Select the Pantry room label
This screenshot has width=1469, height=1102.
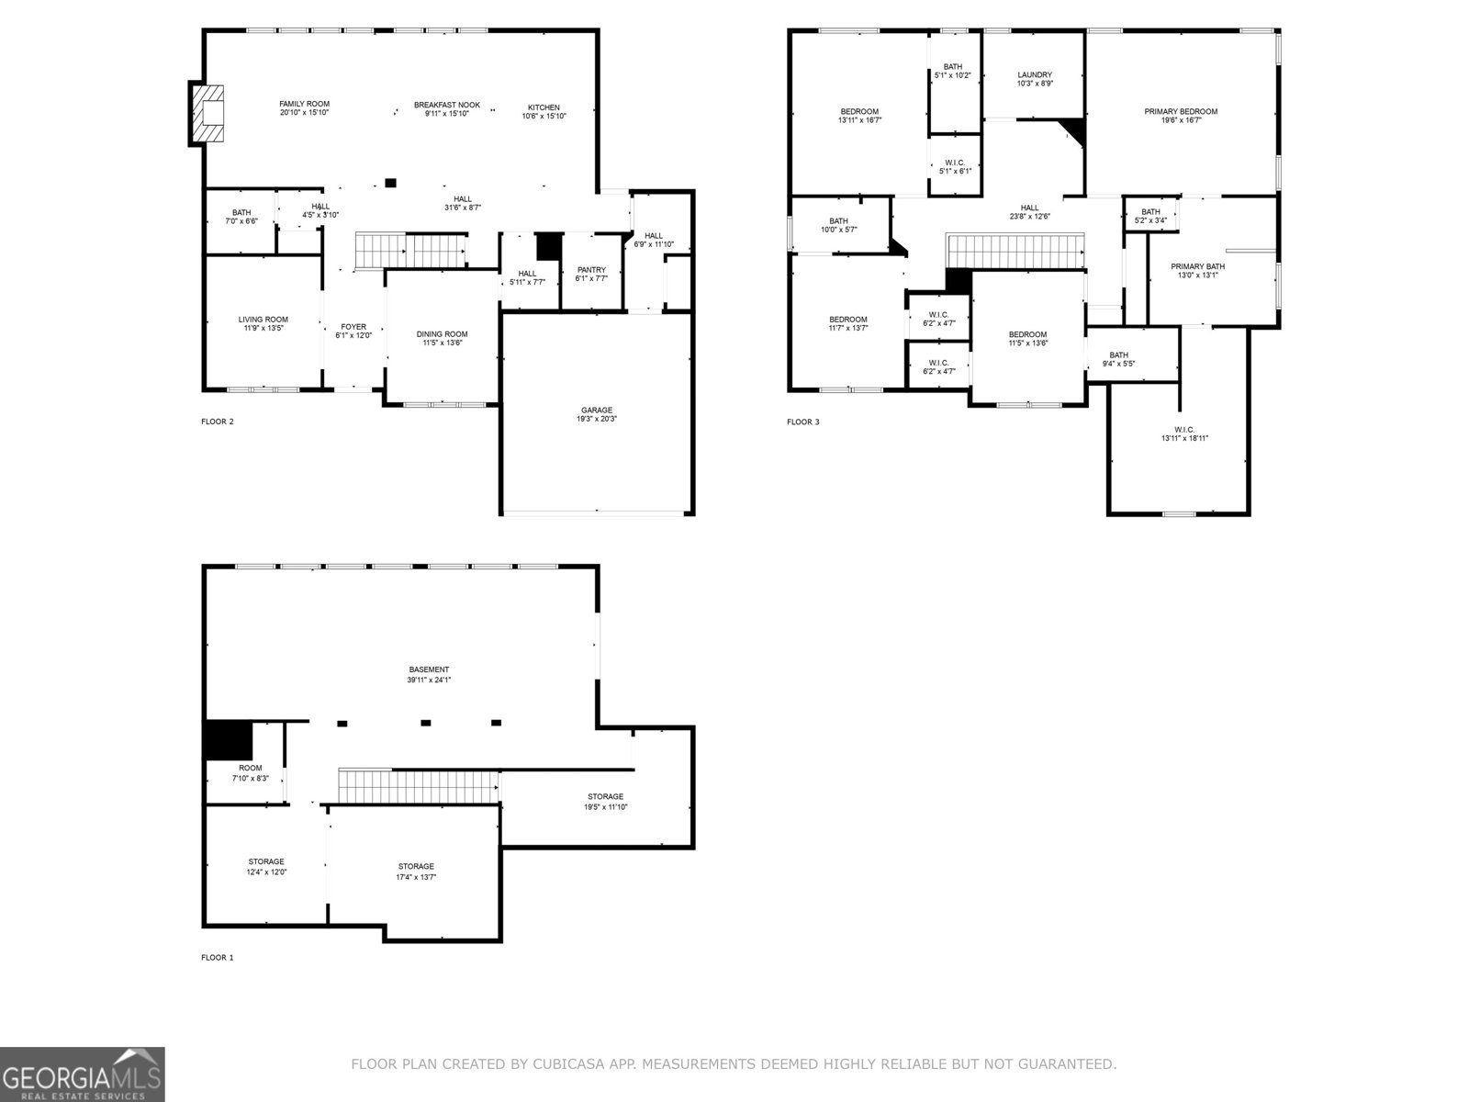pos(591,270)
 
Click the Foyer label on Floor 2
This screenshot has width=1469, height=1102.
pos(353,327)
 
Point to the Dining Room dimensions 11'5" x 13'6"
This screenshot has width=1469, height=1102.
pos(442,343)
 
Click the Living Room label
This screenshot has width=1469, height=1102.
pos(264,320)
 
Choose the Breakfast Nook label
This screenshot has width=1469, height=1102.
pos(446,105)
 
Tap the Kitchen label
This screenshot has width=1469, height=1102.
pos(544,107)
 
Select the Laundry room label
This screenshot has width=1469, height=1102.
pos(1035,75)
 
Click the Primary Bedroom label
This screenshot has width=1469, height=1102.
pos(1181,112)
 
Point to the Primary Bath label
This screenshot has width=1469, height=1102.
pos(1197,266)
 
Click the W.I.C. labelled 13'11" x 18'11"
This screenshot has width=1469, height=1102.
pos(1184,433)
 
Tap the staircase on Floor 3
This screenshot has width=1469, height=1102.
pos(1015,251)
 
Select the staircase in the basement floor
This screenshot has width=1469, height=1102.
pos(419,786)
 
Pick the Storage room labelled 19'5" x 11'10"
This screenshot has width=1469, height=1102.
pos(605,802)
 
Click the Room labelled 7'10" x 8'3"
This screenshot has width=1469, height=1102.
pos(250,772)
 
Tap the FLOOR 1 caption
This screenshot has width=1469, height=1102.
pos(218,958)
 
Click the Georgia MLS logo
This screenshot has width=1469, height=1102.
pos(82,1074)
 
